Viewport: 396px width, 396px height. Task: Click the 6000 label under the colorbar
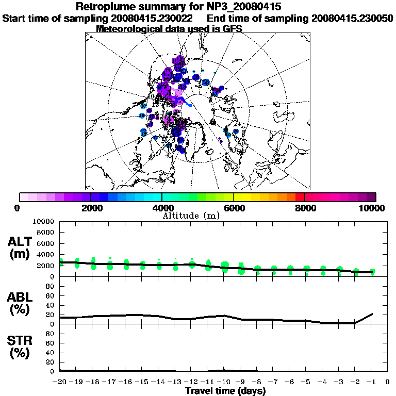pyautogui.click(x=234, y=208)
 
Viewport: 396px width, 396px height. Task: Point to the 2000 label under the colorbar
pyautogui.click(x=91, y=208)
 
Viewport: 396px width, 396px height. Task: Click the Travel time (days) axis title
pyautogui.click(x=225, y=391)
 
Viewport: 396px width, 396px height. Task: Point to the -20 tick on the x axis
pyautogui.click(x=60, y=382)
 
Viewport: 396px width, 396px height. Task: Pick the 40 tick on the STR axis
pyautogui.click(x=51, y=353)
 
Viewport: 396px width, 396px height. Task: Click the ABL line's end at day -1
pyautogui.click(x=372, y=313)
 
